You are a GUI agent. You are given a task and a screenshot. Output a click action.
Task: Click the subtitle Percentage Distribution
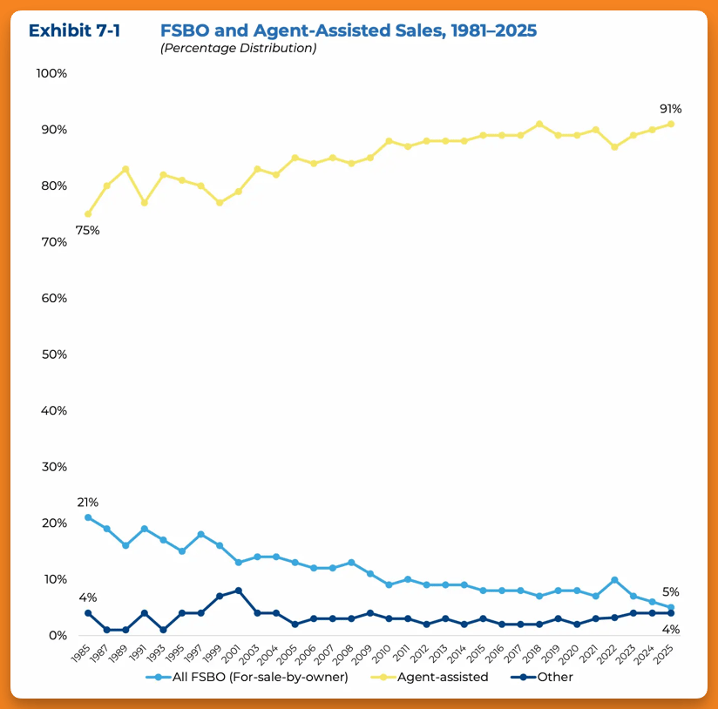tap(238, 48)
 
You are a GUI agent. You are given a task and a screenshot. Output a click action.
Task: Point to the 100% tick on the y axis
tap(51, 73)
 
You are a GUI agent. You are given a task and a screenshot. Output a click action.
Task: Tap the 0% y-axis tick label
tap(58, 636)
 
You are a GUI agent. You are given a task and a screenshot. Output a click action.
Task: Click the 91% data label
tap(670, 109)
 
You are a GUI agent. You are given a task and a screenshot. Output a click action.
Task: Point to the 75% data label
tap(88, 231)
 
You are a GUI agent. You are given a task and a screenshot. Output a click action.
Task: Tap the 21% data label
tap(88, 503)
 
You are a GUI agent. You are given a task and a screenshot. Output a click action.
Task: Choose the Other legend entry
tap(552, 677)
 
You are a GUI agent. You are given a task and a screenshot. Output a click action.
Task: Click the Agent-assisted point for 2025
tap(671, 124)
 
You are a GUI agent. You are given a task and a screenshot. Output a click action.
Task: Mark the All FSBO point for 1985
tap(88, 517)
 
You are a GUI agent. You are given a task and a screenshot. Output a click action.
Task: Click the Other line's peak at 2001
tap(239, 591)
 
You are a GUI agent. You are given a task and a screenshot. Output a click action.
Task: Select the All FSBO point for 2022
tap(614, 579)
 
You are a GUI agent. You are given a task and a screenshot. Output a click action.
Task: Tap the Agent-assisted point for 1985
tap(88, 213)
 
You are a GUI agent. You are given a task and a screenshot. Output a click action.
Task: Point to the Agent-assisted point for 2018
tap(539, 124)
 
